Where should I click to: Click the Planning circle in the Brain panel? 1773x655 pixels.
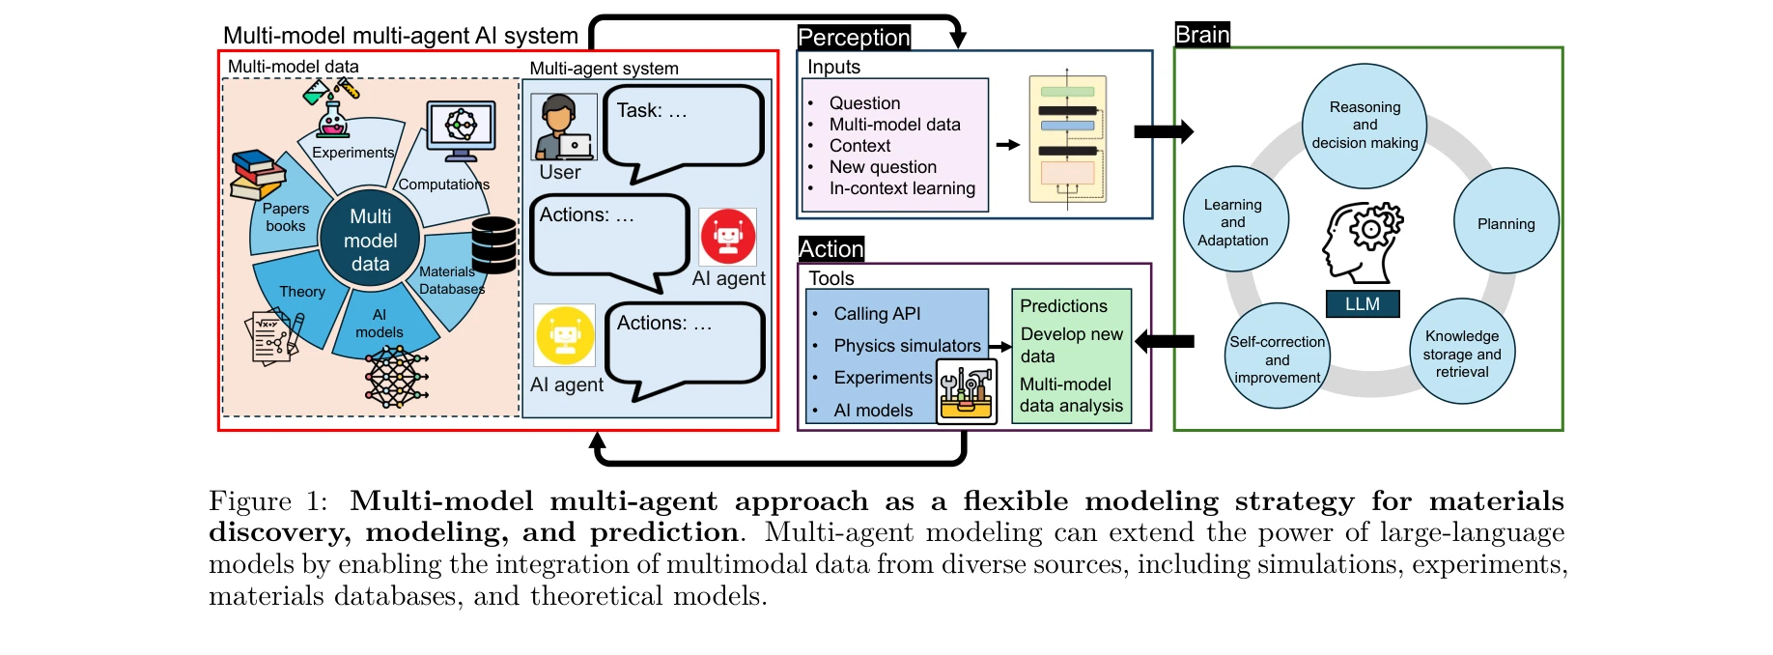coord(1506,222)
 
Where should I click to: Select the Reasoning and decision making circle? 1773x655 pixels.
coord(1365,126)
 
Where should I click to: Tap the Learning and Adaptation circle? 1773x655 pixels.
coord(1234,221)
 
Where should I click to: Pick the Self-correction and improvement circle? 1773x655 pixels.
coord(1277,358)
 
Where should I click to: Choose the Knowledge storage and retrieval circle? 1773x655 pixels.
coord(1462,353)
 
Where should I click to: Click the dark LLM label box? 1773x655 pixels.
coord(1362,303)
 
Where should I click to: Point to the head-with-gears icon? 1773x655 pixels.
coord(1362,241)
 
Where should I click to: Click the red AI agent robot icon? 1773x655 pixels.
coord(728,236)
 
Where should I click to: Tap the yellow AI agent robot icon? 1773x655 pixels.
coord(565,335)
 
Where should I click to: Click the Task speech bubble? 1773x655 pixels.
coord(683,128)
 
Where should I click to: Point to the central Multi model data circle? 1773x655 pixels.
coord(370,240)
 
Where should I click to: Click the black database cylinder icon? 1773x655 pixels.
coord(494,244)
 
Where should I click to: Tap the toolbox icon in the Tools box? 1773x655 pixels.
coord(967,391)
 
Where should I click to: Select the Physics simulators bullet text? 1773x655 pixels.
coord(907,346)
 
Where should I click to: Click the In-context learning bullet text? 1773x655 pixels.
coord(902,188)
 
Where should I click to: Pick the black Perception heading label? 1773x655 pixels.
coord(854,38)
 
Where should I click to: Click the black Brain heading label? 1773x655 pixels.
coord(1202,35)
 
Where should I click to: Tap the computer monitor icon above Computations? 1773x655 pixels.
coord(461,130)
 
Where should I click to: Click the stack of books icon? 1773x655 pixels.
coord(258,175)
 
